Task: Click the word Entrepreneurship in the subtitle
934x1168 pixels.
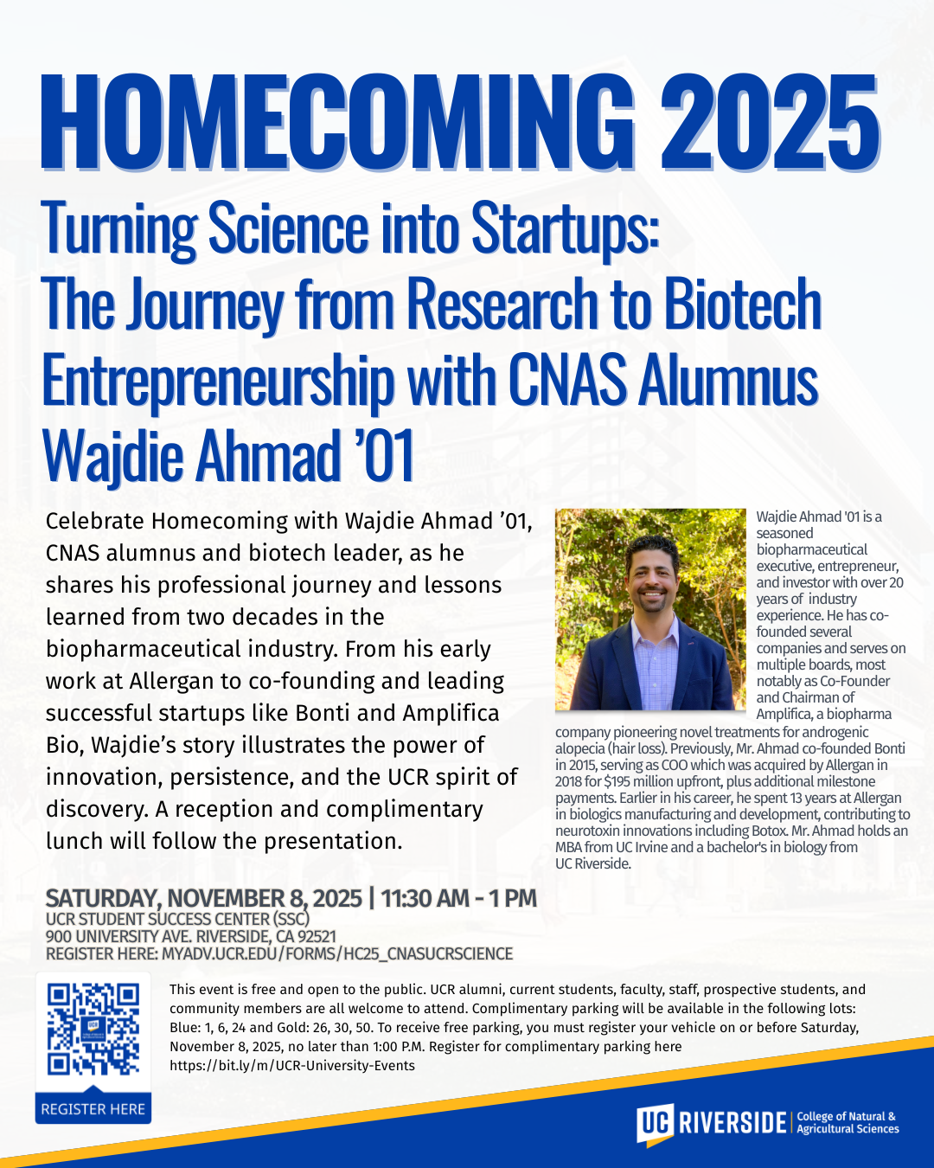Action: coord(216,382)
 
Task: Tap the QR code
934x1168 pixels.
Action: coord(93,1028)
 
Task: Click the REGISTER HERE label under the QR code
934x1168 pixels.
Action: coord(93,1109)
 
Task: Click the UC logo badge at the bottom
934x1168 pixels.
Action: coord(654,1124)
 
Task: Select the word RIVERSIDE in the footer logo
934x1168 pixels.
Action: coord(732,1123)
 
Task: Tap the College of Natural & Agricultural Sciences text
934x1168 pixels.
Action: coord(848,1123)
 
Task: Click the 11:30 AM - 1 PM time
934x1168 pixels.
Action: coord(459,898)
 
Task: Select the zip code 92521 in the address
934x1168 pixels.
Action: coord(316,936)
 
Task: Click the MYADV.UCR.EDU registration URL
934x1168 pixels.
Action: coord(337,953)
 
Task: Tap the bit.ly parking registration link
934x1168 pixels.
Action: coord(292,1066)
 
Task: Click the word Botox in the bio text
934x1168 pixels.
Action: coord(770,831)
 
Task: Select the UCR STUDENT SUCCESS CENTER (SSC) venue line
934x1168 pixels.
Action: coord(177,919)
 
